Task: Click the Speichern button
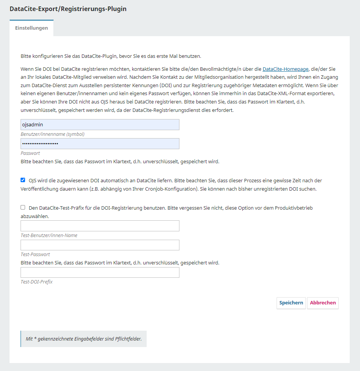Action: coord(291,303)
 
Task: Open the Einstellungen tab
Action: coord(32,28)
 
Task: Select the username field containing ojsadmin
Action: coord(100,125)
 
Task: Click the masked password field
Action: coord(100,143)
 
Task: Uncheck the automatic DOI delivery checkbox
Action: coord(23,180)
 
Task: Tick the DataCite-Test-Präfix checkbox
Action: coord(23,207)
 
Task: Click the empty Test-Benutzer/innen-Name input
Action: coord(100,226)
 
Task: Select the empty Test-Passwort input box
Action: coord(100,245)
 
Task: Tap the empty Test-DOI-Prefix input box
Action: coord(100,272)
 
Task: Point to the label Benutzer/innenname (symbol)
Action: coord(53,134)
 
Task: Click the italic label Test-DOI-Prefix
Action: coord(37,282)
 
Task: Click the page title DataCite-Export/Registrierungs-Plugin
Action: coord(68,9)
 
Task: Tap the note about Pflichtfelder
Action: coord(83,339)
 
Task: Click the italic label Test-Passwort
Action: coord(35,254)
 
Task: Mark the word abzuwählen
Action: coord(35,216)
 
